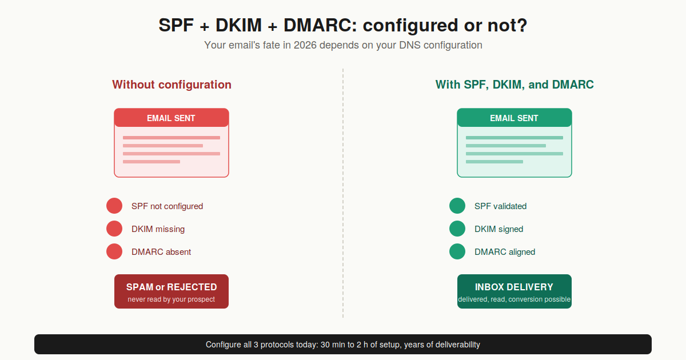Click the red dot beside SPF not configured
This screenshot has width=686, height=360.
coord(114,206)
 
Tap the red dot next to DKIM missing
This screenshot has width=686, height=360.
coord(114,229)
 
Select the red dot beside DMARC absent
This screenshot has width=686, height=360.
coord(114,251)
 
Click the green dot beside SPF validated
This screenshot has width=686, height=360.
coord(457,206)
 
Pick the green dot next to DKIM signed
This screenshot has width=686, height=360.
coord(457,229)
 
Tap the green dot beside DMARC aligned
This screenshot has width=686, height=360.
coord(457,251)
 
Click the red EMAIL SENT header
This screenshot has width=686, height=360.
coord(171,118)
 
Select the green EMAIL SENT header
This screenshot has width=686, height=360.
coord(514,118)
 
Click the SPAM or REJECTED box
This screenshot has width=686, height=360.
coord(171,291)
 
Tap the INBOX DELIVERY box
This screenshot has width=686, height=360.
coord(514,291)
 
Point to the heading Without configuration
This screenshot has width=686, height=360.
coord(171,85)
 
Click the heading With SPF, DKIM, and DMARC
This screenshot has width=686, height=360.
coord(514,85)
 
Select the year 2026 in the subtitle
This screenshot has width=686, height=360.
coord(305,45)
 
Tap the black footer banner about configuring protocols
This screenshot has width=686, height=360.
coord(343,345)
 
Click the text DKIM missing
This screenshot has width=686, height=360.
coord(158,229)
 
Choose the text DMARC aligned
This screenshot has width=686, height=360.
coord(505,252)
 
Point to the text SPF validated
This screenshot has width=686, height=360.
coord(500,206)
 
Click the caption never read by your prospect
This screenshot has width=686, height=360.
coord(171,299)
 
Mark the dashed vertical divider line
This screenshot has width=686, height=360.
coord(343,194)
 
